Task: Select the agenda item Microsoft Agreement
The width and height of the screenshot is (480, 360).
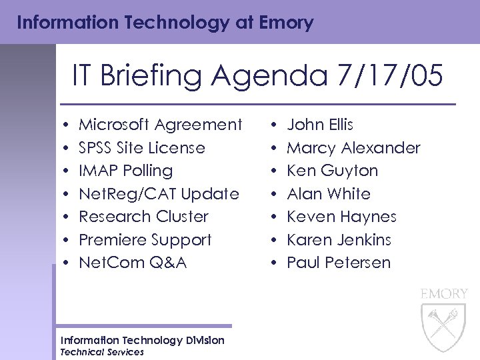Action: click(x=160, y=125)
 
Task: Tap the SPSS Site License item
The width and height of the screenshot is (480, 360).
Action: click(x=142, y=147)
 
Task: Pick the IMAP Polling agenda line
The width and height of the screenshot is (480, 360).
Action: click(x=125, y=171)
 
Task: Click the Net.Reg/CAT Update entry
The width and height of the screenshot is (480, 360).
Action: click(x=159, y=194)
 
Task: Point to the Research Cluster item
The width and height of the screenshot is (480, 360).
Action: click(x=143, y=217)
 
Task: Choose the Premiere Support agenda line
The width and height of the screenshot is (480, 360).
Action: click(x=145, y=240)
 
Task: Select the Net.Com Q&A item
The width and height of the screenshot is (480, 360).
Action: click(x=133, y=263)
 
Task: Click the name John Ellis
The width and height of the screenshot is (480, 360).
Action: click(x=320, y=125)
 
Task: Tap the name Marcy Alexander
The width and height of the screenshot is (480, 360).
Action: click(x=353, y=147)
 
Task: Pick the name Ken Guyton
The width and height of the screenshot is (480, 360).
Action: click(x=332, y=171)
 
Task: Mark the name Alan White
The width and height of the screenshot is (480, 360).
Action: click(x=329, y=194)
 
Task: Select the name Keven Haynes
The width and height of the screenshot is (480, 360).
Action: click(x=341, y=217)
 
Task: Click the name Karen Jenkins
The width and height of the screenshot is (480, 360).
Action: click(x=339, y=240)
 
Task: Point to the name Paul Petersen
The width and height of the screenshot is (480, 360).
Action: click(x=339, y=263)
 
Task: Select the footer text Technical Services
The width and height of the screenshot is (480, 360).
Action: click(x=101, y=352)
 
